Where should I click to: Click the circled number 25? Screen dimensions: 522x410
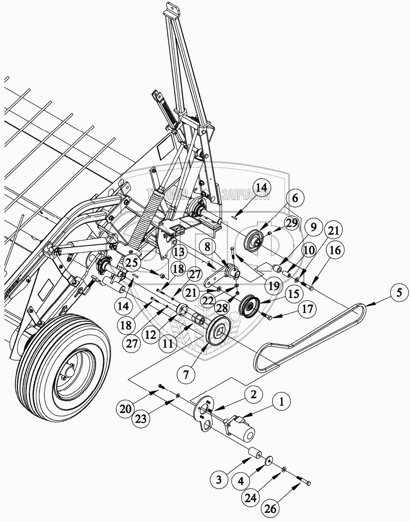click(131, 263)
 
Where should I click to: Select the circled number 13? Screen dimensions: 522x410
click(179, 252)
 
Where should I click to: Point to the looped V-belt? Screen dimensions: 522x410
click(311, 334)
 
